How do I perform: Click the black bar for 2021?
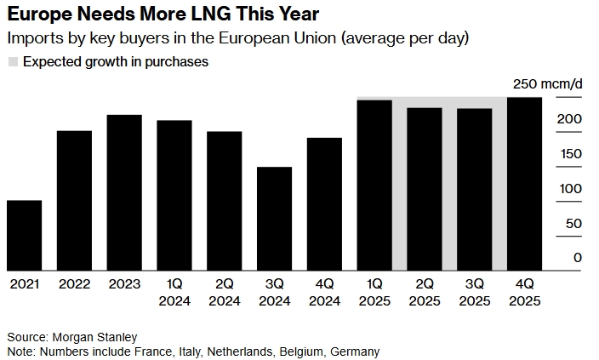pos(24,235)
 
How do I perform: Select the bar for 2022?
pos(74,200)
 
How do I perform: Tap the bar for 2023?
pos(124,192)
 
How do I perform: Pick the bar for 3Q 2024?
pos(274,219)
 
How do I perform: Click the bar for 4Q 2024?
pos(324,204)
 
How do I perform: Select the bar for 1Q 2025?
pos(374,185)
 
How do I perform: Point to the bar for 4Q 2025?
pos(524,184)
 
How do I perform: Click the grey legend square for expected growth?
pos(12,62)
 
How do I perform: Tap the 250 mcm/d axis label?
pos(547,83)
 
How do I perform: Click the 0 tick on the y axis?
pos(578,258)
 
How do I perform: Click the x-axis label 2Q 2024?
pos(224,293)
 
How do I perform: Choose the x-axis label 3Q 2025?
pos(474,293)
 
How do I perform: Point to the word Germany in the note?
pos(355,351)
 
